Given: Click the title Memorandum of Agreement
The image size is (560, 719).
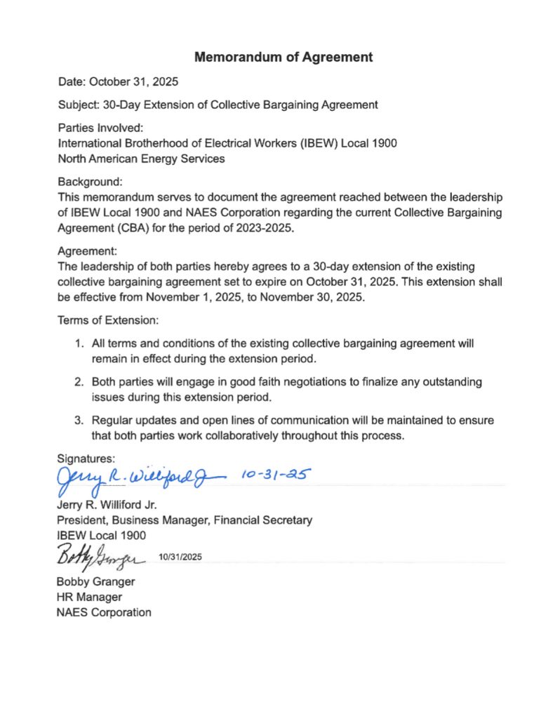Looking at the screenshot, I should (x=284, y=57).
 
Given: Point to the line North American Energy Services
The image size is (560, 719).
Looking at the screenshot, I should (x=141, y=159).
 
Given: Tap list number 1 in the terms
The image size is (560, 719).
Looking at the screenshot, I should (x=79, y=343).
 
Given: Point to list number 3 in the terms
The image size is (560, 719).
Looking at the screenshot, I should (x=79, y=420).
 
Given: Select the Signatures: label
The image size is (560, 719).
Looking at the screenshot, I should (x=84, y=458).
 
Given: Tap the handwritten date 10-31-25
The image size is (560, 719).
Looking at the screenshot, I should (x=275, y=476).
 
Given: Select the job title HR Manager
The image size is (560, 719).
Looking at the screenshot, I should (x=89, y=597).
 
